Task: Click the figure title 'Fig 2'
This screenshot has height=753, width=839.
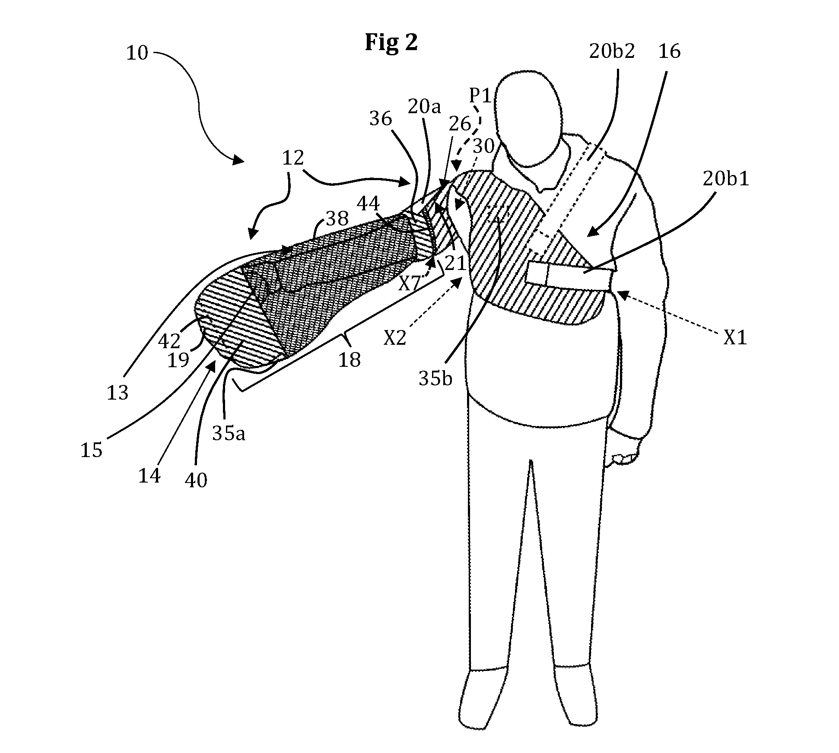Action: click(391, 43)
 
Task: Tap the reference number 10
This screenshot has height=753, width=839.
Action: click(137, 53)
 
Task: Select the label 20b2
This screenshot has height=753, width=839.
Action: click(612, 51)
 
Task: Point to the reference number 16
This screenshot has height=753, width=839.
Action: click(669, 51)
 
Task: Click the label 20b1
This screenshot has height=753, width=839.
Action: click(726, 178)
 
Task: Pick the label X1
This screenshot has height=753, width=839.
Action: click(735, 338)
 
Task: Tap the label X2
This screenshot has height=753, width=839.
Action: click(395, 338)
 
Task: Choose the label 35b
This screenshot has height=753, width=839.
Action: click(435, 378)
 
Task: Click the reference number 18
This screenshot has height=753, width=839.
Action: click(349, 359)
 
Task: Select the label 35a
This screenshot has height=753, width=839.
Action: click(229, 433)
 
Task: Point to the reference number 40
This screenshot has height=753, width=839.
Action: click(196, 480)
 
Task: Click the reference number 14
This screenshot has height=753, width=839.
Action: click(149, 476)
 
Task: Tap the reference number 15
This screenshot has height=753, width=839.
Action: click(92, 450)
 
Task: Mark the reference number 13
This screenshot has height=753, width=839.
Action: click(118, 393)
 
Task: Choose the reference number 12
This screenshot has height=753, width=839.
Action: click(293, 158)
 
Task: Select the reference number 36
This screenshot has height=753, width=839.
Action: click(380, 119)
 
